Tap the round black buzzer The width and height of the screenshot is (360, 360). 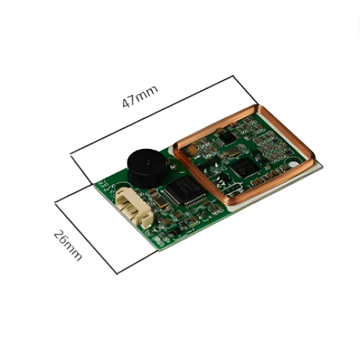(x=148, y=166)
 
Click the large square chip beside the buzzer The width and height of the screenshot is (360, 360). (x=183, y=190)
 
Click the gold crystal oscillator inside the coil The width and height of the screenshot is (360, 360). (x=235, y=152)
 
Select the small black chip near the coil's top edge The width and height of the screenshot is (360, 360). (x=228, y=135)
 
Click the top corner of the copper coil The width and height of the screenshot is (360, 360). (x=256, y=108)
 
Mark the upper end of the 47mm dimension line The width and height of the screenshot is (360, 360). (x=235, y=76)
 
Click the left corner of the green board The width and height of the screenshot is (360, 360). (x=96, y=184)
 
